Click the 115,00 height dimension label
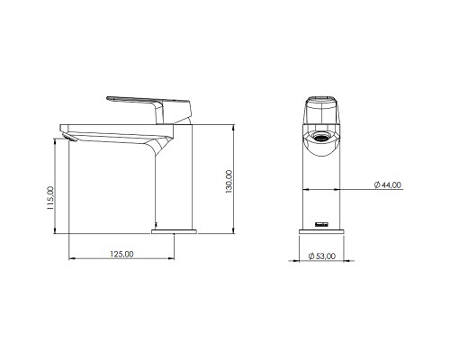51,195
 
